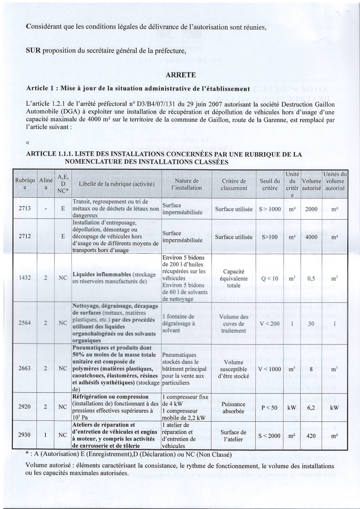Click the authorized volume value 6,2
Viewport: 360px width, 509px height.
tap(312, 407)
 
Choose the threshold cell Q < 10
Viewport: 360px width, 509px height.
tap(270, 278)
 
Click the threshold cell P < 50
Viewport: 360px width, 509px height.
tap(270, 407)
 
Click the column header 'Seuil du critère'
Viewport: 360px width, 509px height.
tap(270, 184)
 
